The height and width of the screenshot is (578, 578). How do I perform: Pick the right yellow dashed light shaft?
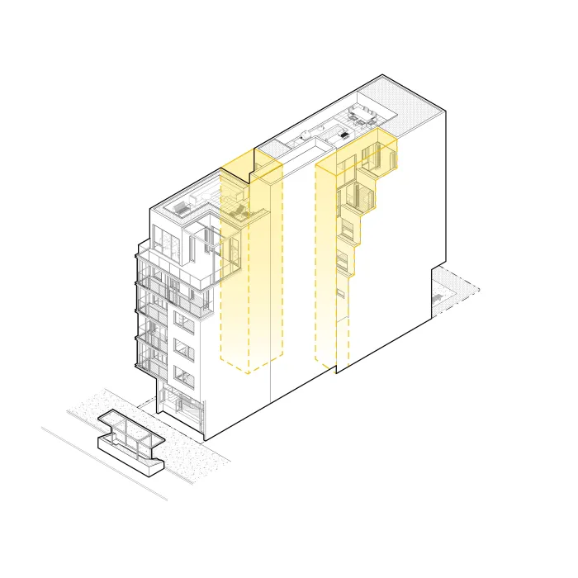tap(333, 264)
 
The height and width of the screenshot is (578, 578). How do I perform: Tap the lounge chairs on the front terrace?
tap(239, 213)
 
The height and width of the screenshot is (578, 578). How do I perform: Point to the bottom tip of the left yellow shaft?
tap(249, 371)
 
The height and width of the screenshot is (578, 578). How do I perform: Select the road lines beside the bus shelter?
tap(99, 462)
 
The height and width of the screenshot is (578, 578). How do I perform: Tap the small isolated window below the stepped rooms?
tap(339, 293)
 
